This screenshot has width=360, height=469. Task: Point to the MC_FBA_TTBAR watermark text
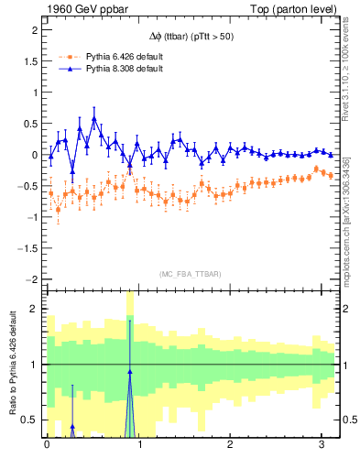[x=190, y=274]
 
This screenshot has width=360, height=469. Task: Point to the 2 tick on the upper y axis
[x=34, y=30]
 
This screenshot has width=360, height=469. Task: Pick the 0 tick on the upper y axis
[x=34, y=155]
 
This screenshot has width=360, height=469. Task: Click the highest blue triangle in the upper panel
[x=94, y=119]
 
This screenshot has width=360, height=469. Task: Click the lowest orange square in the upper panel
[x=58, y=210]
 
